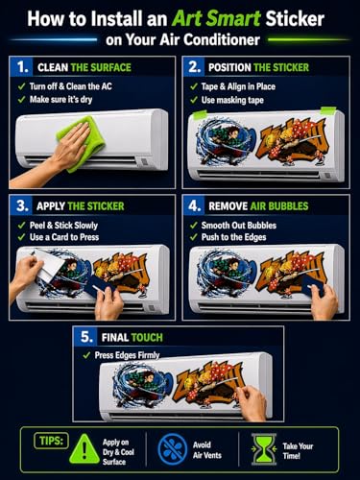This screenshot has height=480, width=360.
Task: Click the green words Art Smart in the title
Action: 216,18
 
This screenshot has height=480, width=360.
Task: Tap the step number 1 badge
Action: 21,67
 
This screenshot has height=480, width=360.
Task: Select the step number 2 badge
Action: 194,67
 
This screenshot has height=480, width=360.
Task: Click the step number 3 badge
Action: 21,205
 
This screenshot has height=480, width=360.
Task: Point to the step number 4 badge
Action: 194,205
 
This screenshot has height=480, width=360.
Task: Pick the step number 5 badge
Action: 85,337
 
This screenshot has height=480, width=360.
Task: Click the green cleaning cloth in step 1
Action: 82,142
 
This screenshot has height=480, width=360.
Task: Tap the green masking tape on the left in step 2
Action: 200,114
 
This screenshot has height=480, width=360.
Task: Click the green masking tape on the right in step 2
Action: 328,111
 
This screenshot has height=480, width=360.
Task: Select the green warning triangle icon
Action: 84,448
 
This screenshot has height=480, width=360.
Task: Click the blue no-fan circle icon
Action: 173,448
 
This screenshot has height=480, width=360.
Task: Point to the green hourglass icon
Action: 264,449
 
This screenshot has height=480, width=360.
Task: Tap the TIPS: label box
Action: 51,441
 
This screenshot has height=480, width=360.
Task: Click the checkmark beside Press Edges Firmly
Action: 86,355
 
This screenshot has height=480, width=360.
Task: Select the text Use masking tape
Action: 232,100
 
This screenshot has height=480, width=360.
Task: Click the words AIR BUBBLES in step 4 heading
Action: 279,205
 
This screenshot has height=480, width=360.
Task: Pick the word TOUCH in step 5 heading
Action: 147,337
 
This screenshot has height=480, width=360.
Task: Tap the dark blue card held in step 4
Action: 311,286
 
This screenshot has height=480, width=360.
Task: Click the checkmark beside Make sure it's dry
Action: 21,100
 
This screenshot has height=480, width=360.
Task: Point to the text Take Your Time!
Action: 298,450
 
